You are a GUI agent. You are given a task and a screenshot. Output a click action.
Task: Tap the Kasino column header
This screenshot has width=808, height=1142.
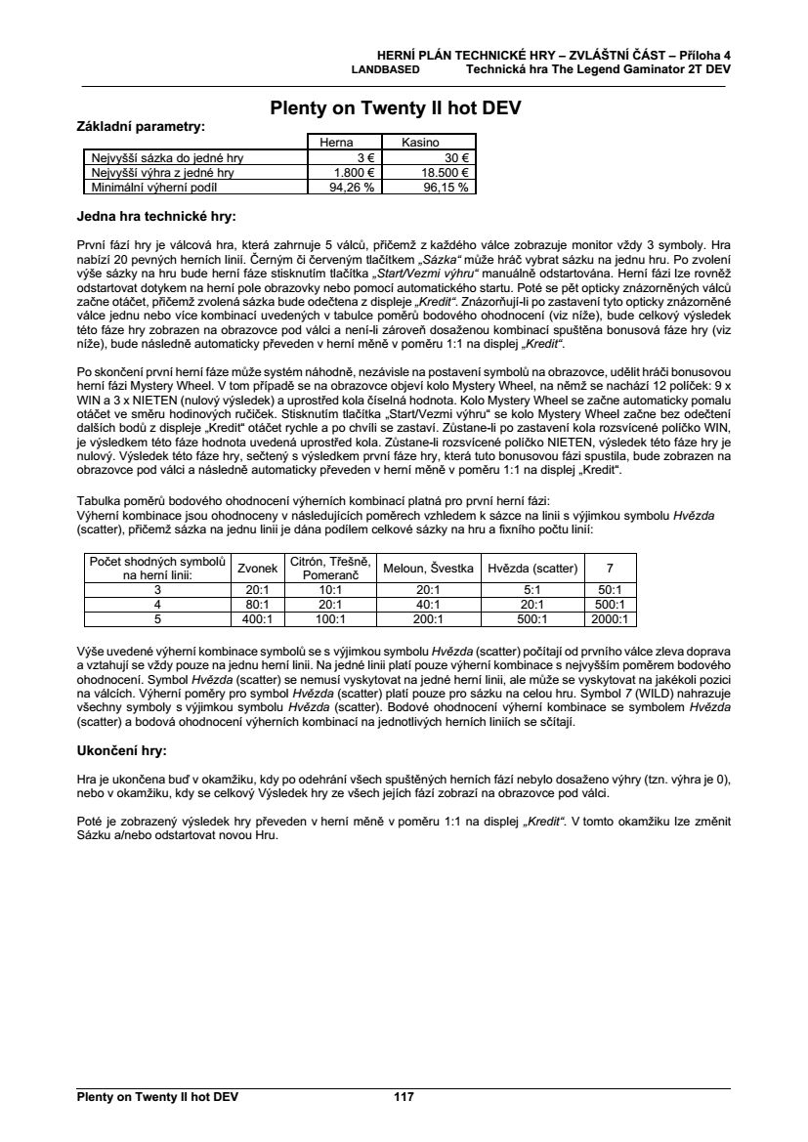click(420, 143)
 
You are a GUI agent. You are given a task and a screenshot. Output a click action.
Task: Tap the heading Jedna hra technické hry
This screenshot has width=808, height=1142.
click(156, 216)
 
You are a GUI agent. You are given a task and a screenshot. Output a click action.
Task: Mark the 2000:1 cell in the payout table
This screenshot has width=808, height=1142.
click(611, 618)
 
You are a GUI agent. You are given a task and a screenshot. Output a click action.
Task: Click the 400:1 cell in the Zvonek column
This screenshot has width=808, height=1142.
click(256, 618)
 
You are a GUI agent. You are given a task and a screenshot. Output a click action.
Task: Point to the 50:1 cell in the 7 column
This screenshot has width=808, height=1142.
click(611, 590)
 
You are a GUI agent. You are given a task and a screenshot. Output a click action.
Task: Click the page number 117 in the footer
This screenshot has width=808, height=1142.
click(404, 1097)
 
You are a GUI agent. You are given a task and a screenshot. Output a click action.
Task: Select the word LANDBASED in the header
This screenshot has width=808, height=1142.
click(386, 70)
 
